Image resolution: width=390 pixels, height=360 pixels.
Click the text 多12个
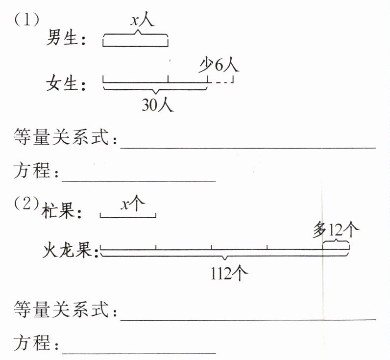point(336,229)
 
